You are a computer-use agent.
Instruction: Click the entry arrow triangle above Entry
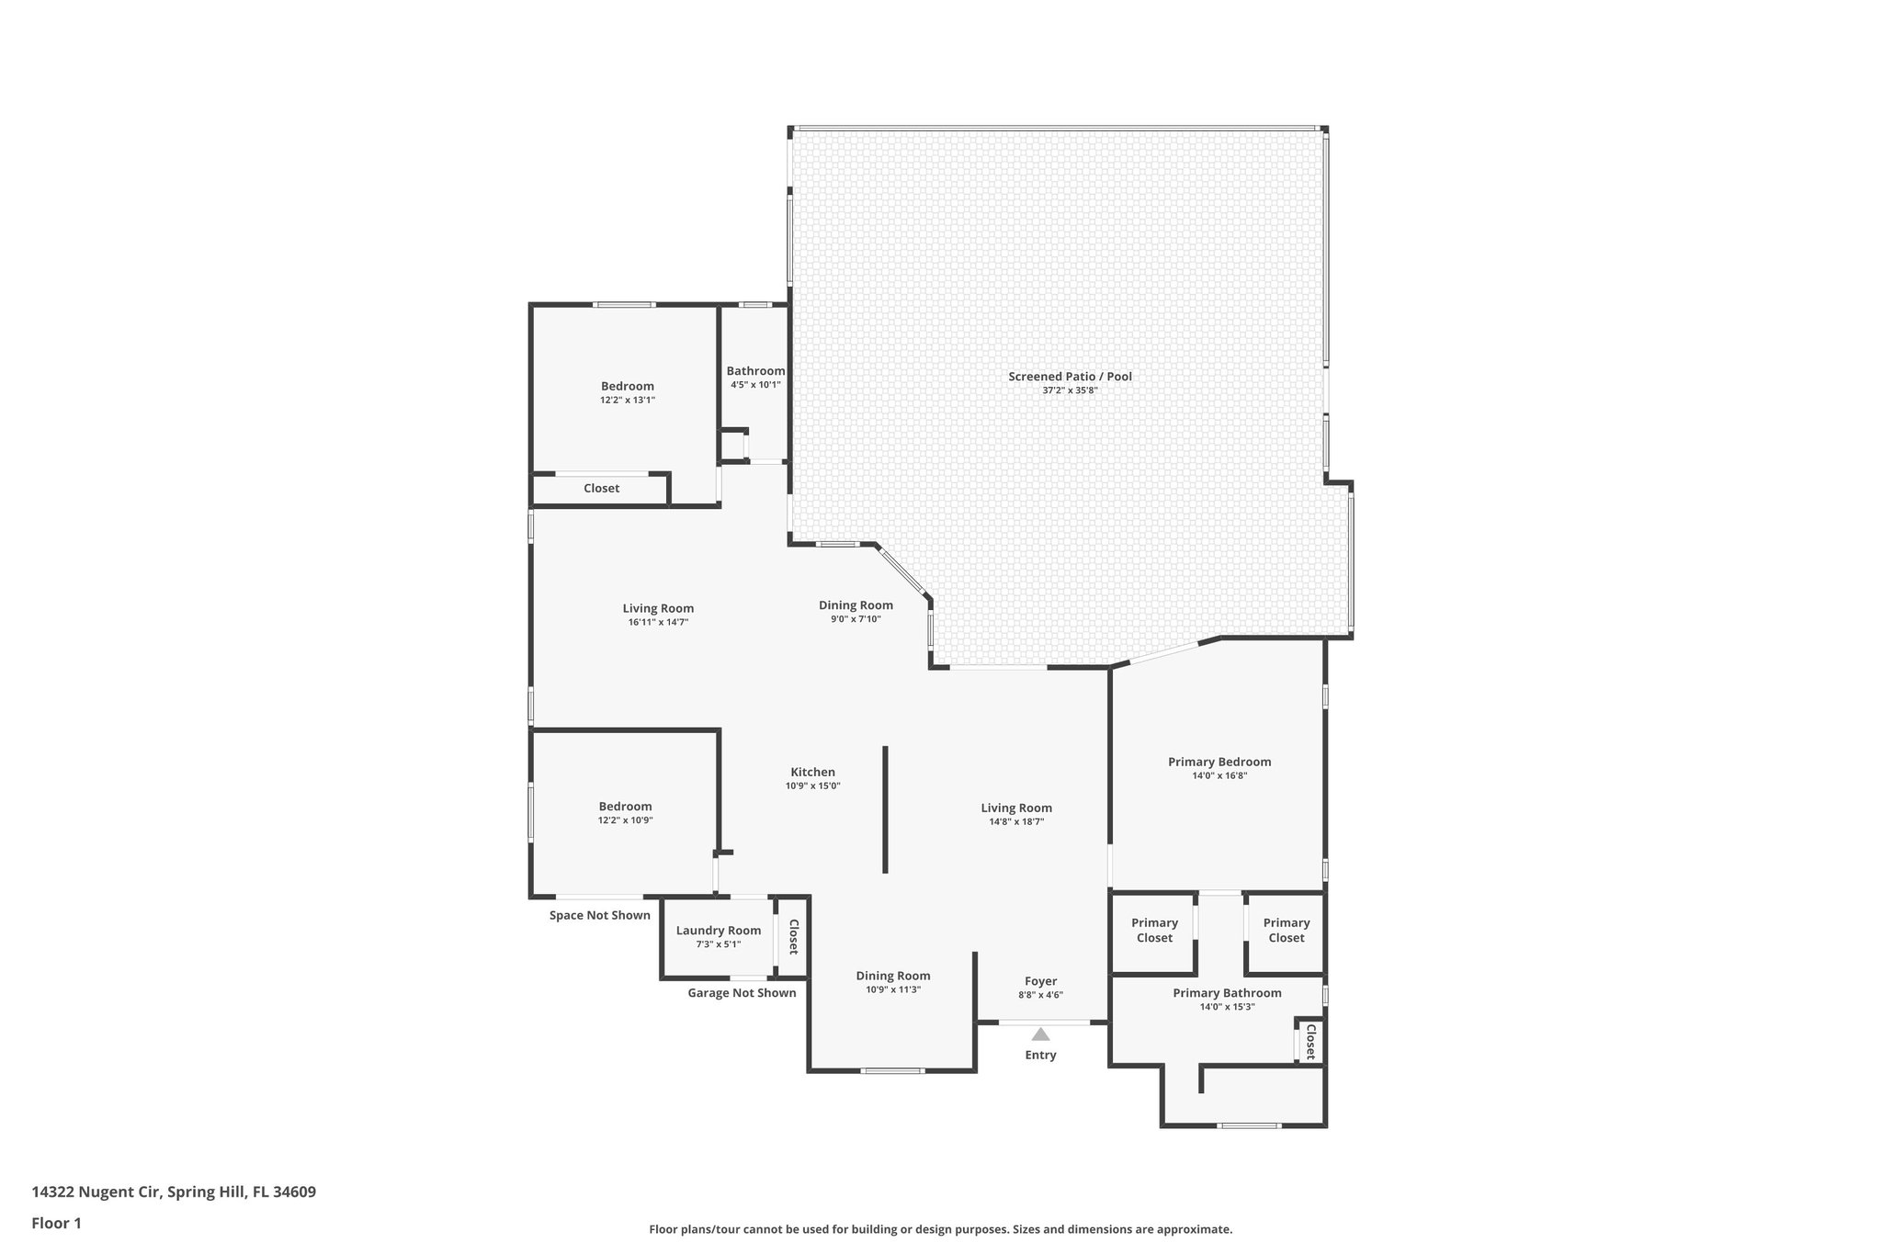[x=1040, y=1034]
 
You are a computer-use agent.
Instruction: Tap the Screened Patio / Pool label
[x=1070, y=377]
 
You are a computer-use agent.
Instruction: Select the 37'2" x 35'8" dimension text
[x=1070, y=390]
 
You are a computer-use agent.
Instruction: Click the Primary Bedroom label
[x=1219, y=762]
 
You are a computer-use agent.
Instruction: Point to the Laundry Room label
[x=719, y=931]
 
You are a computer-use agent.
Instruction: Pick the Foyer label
[x=1040, y=981]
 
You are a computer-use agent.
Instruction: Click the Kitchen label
[x=813, y=772]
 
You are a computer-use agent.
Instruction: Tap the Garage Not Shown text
[x=742, y=993]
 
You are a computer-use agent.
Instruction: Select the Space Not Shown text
[x=600, y=915]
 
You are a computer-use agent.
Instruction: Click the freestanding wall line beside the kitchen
[x=885, y=808]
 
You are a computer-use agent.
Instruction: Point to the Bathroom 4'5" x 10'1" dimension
[x=755, y=385]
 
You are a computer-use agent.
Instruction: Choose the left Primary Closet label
[x=1154, y=930]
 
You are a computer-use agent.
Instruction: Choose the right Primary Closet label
[x=1286, y=930]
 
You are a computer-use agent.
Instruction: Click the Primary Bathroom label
[x=1227, y=993]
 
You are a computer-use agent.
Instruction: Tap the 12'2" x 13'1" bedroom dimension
[x=628, y=401]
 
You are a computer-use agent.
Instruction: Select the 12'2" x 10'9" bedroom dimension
[x=626, y=820]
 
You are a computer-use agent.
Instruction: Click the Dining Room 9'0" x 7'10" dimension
[x=856, y=619]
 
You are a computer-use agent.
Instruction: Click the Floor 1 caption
[x=57, y=1223]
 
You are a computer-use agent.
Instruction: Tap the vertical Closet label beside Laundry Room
[x=793, y=937]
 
